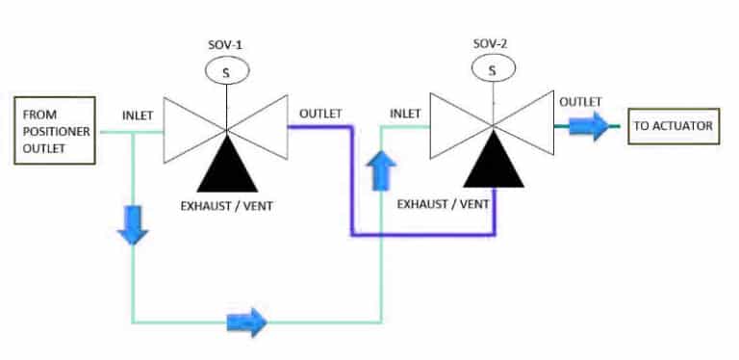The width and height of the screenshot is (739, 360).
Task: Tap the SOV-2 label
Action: (x=493, y=44)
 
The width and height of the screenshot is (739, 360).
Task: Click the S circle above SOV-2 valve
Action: (x=493, y=70)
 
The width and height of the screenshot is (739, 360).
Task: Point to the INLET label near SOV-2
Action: (x=405, y=114)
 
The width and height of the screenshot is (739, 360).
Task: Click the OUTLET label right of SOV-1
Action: (x=320, y=114)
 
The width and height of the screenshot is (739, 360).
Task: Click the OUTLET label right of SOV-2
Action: (x=581, y=101)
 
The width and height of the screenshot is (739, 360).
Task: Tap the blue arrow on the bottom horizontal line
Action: (x=246, y=322)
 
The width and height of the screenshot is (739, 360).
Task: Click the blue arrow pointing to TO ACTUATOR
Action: (x=589, y=125)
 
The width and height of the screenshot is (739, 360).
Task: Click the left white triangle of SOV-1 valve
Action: (x=188, y=129)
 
